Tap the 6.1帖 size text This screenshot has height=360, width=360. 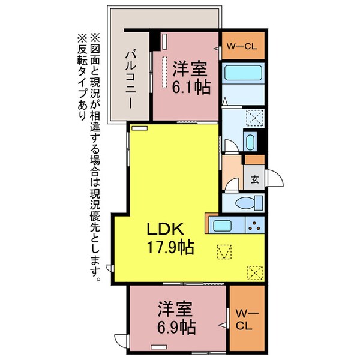pos(191,88)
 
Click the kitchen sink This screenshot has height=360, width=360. pos(223,227)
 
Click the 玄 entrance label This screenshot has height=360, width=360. pos(254,178)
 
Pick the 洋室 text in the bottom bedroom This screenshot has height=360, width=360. pos(176,310)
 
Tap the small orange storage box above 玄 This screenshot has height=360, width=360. pos(254,160)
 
